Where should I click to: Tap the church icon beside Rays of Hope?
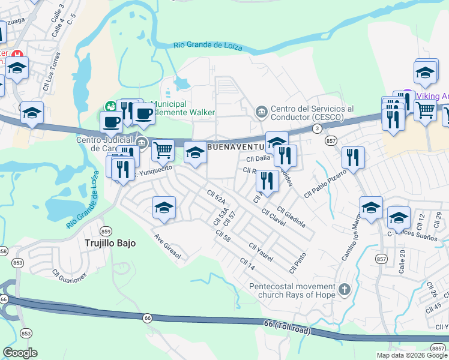(x=344, y=290)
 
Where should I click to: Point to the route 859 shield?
(x=106, y=232)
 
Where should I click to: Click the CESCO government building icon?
(x=261, y=111)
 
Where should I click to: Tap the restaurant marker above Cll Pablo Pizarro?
(x=353, y=158)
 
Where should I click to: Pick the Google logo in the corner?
(x=20, y=353)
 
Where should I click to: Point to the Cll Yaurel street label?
(x=261, y=253)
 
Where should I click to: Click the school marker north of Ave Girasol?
(x=164, y=208)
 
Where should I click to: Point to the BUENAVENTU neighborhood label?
(x=236, y=146)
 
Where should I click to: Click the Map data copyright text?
(x=412, y=355)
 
